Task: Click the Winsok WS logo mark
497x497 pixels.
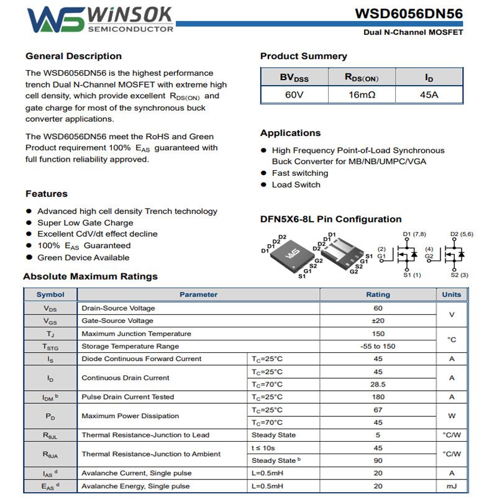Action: click(x=56, y=20)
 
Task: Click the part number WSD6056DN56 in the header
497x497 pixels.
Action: click(x=409, y=14)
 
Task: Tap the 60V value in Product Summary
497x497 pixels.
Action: click(x=294, y=95)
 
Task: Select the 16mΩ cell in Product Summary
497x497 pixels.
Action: click(x=362, y=95)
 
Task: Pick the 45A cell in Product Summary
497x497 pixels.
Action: click(x=429, y=95)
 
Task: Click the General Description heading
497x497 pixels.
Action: click(x=73, y=56)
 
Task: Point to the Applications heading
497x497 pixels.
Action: click(x=290, y=133)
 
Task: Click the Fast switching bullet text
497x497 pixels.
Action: click(x=300, y=173)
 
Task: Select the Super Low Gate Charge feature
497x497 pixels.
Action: click(x=85, y=222)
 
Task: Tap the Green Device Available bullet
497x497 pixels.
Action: click(x=83, y=257)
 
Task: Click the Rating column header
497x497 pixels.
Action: click(x=378, y=294)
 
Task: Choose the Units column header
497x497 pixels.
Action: click(x=452, y=294)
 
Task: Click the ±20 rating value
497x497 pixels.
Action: click(x=378, y=321)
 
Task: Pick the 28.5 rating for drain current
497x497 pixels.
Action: click(x=378, y=384)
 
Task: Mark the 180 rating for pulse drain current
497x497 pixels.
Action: click(x=378, y=397)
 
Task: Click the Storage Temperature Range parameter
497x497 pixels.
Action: click(x=130, y=346)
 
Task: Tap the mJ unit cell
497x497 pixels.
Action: click(x=452, y=486)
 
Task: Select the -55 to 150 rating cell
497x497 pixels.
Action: click(x=378, y=346)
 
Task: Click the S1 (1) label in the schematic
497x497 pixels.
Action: click(x=412, y=275)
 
